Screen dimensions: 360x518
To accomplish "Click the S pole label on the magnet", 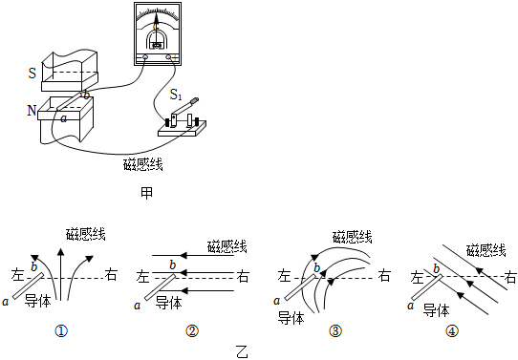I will click(32, 72).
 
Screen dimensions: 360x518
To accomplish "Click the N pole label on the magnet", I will click(32, 110).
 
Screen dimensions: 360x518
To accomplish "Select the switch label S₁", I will click(176, 95).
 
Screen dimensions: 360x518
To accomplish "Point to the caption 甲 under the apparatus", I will click(145, 190).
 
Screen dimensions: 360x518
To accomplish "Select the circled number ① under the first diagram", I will click(61, 331).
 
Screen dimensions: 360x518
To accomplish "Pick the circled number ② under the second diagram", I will click(192, 331).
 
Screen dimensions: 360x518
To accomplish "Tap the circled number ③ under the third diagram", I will click(335, 331).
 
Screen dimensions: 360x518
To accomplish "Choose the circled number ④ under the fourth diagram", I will click(450, 331).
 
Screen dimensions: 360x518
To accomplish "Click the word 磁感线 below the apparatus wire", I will click(143, 165).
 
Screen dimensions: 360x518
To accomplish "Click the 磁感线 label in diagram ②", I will click(227, 246).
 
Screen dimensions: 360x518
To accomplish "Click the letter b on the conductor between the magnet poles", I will click(87, 95).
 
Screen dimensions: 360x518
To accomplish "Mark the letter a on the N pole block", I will click(63, 119).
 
